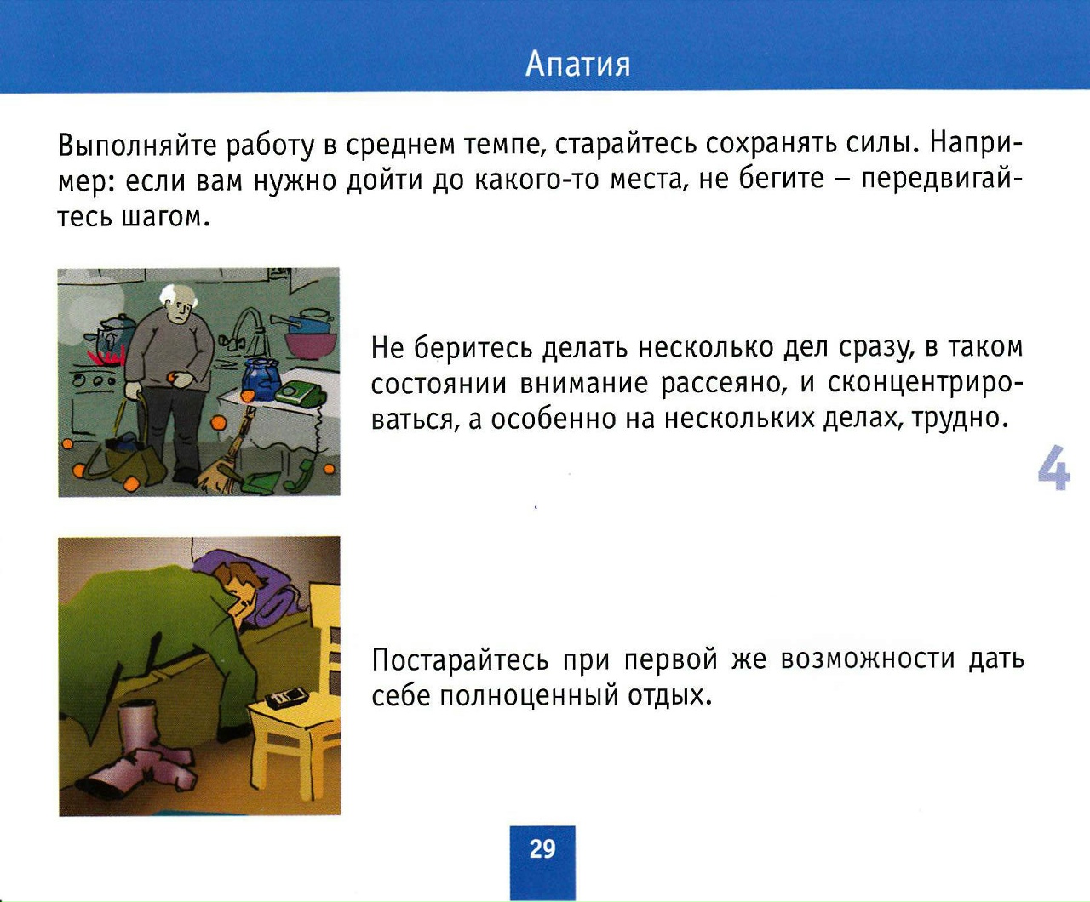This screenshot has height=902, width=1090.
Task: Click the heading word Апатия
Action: [x=578, y=66]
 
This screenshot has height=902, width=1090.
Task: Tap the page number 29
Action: [x=542, y=849]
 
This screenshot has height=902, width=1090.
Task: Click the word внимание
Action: [x=584, y=384]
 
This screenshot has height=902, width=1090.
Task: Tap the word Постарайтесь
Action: [x=460, y=659]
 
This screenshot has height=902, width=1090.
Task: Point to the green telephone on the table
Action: [x=301, y=393]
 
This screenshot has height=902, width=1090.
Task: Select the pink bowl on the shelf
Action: [x=311, y=345]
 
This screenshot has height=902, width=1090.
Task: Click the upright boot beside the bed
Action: [x=137, y=724]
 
